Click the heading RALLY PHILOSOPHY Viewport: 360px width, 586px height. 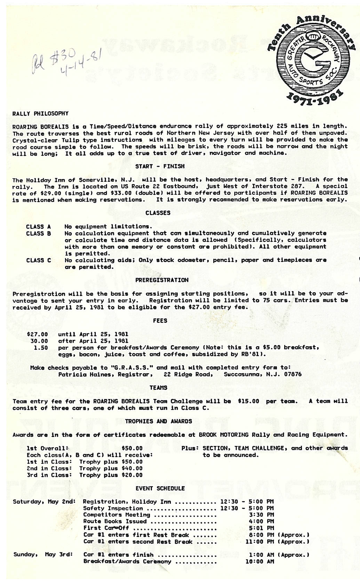pos(40,114)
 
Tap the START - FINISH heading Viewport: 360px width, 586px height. pos(160,166)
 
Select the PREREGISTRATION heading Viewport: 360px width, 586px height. pos(162,280)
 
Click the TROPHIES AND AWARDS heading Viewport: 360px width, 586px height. pos(158,421)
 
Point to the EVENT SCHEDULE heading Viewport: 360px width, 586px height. pos(160,488)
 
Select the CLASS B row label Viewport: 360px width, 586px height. pos(38,234)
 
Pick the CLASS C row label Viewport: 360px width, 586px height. pos(38,260)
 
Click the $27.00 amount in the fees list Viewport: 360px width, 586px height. pos(38,334)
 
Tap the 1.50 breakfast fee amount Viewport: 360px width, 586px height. pos(41,348)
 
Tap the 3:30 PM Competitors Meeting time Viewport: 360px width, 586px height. pos(261,515)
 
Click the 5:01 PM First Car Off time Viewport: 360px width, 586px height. pos(261,528)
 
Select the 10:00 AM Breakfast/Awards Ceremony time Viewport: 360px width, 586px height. pos(259,561)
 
